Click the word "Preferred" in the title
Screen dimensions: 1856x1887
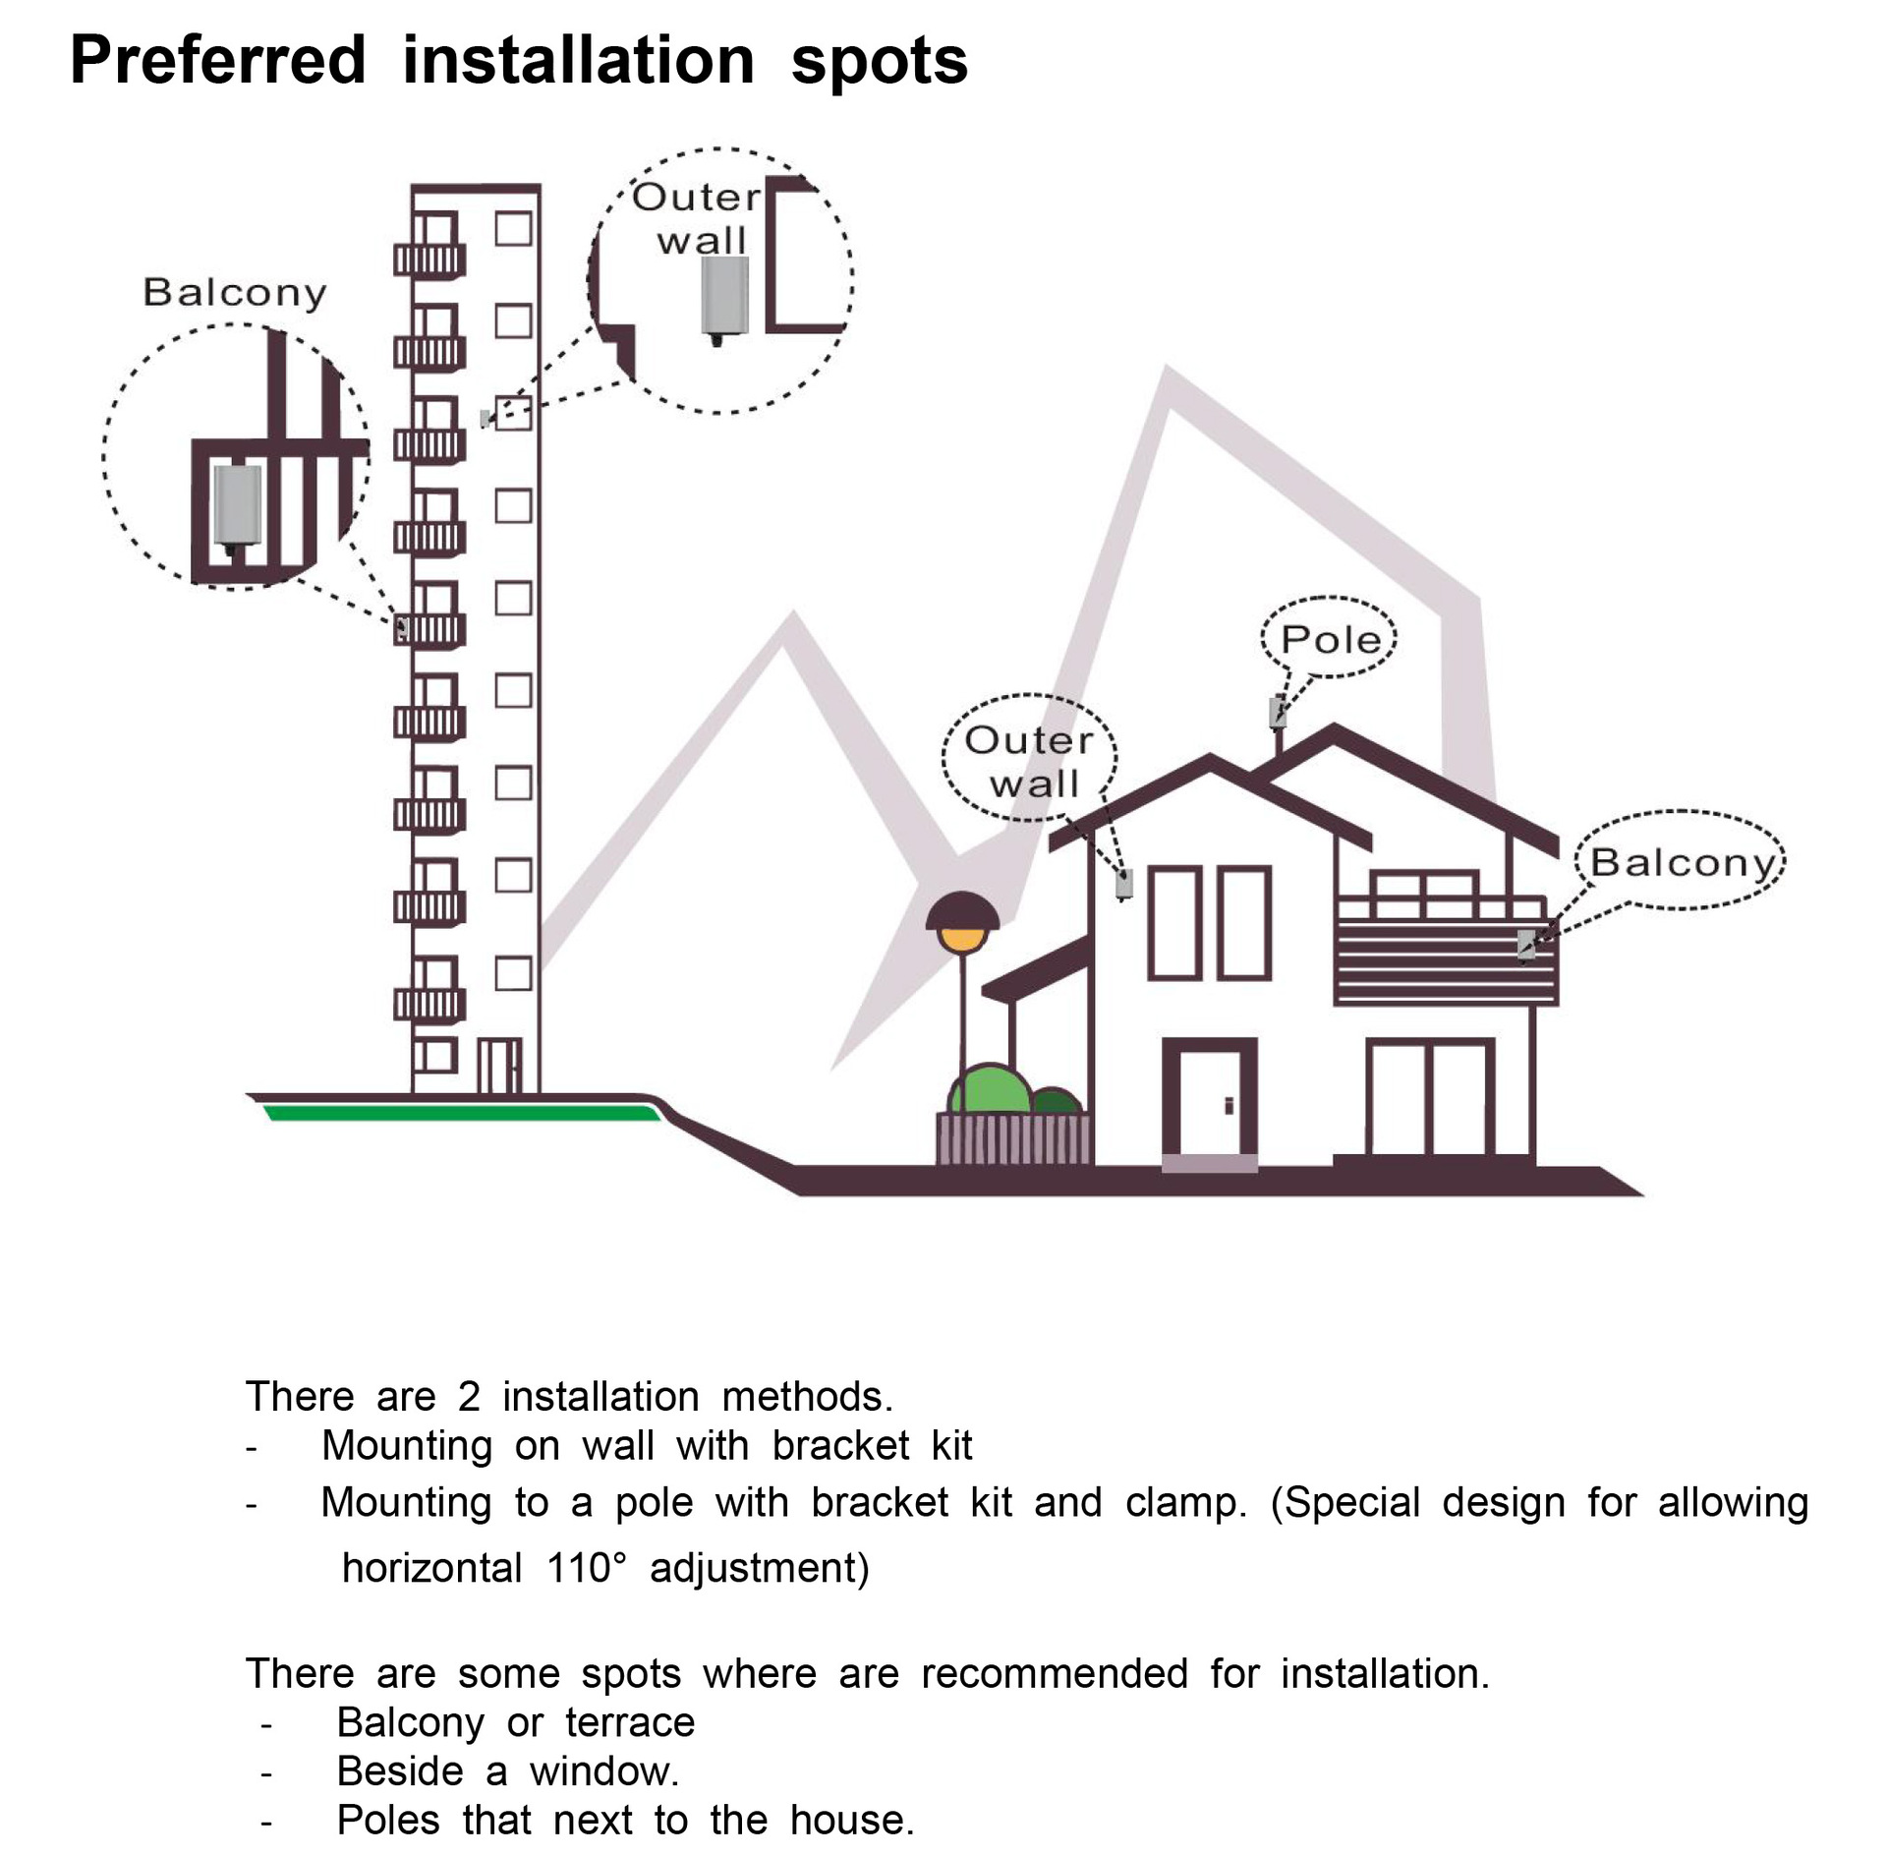click(x=217, y=61)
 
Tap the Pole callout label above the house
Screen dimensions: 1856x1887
click(x=1331, y=640)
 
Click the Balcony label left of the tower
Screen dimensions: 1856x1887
click(x=234, y=292)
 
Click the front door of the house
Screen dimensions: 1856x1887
click(x=1209, y=1101)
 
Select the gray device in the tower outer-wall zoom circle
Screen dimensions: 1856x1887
click(x=723, y=295)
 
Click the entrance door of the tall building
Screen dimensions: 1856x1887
click(x=499, y=1066)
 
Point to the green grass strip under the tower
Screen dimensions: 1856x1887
click(x=462, y=1113)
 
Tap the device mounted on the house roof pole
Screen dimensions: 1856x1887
click(x=1278, y=710)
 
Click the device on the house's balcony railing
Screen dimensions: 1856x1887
click(x=1526, y=945)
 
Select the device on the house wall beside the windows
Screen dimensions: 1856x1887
click(x=1125, y=884)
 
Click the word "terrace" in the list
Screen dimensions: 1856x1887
click(x=630, y=1722)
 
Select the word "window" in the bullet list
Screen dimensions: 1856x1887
click(x=602, y=1771)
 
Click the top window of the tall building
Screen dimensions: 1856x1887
click(x=513, y=229)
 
